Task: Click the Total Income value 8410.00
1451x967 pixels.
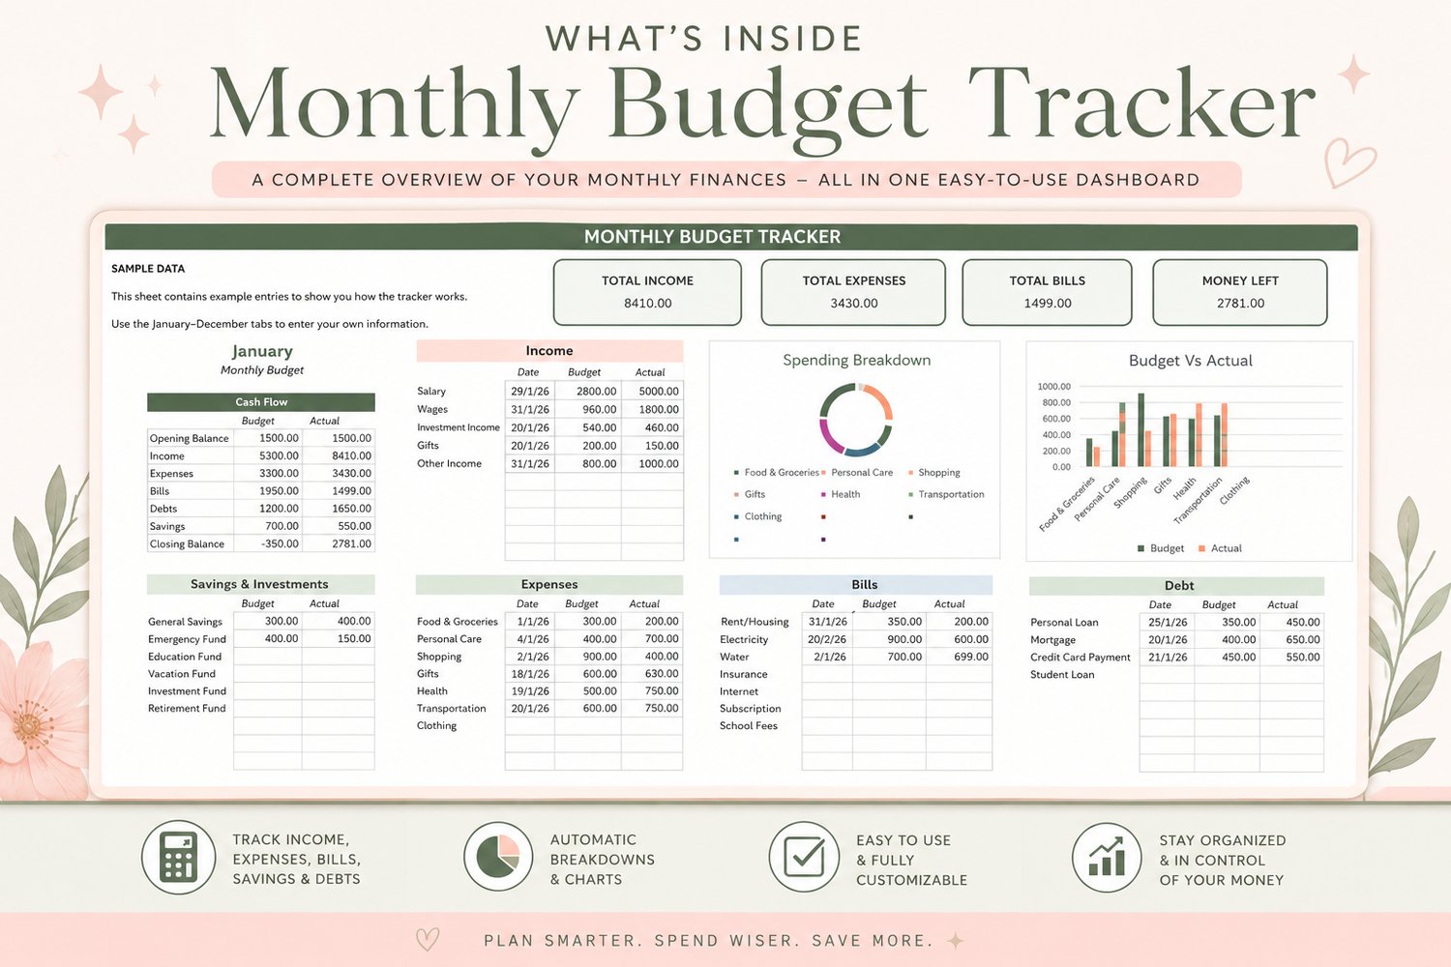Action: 648,303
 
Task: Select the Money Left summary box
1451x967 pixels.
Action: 1240,292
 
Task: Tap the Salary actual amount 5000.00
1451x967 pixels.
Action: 659,392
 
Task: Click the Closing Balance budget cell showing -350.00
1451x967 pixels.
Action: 280,544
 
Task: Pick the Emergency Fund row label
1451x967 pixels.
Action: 188,639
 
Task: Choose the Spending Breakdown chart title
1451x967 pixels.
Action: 856,360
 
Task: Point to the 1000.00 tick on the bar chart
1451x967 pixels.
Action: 1054,387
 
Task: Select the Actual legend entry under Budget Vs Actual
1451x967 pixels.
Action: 1221,548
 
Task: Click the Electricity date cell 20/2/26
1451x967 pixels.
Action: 827,639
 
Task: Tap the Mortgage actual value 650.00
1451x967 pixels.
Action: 1303,640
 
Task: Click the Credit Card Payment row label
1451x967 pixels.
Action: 1080,658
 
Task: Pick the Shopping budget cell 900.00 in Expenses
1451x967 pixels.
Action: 599,657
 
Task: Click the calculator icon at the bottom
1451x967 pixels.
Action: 179,858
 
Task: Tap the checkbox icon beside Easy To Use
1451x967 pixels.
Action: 804,856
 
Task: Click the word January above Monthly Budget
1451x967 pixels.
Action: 262,352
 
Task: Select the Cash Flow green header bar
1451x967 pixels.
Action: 261,402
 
